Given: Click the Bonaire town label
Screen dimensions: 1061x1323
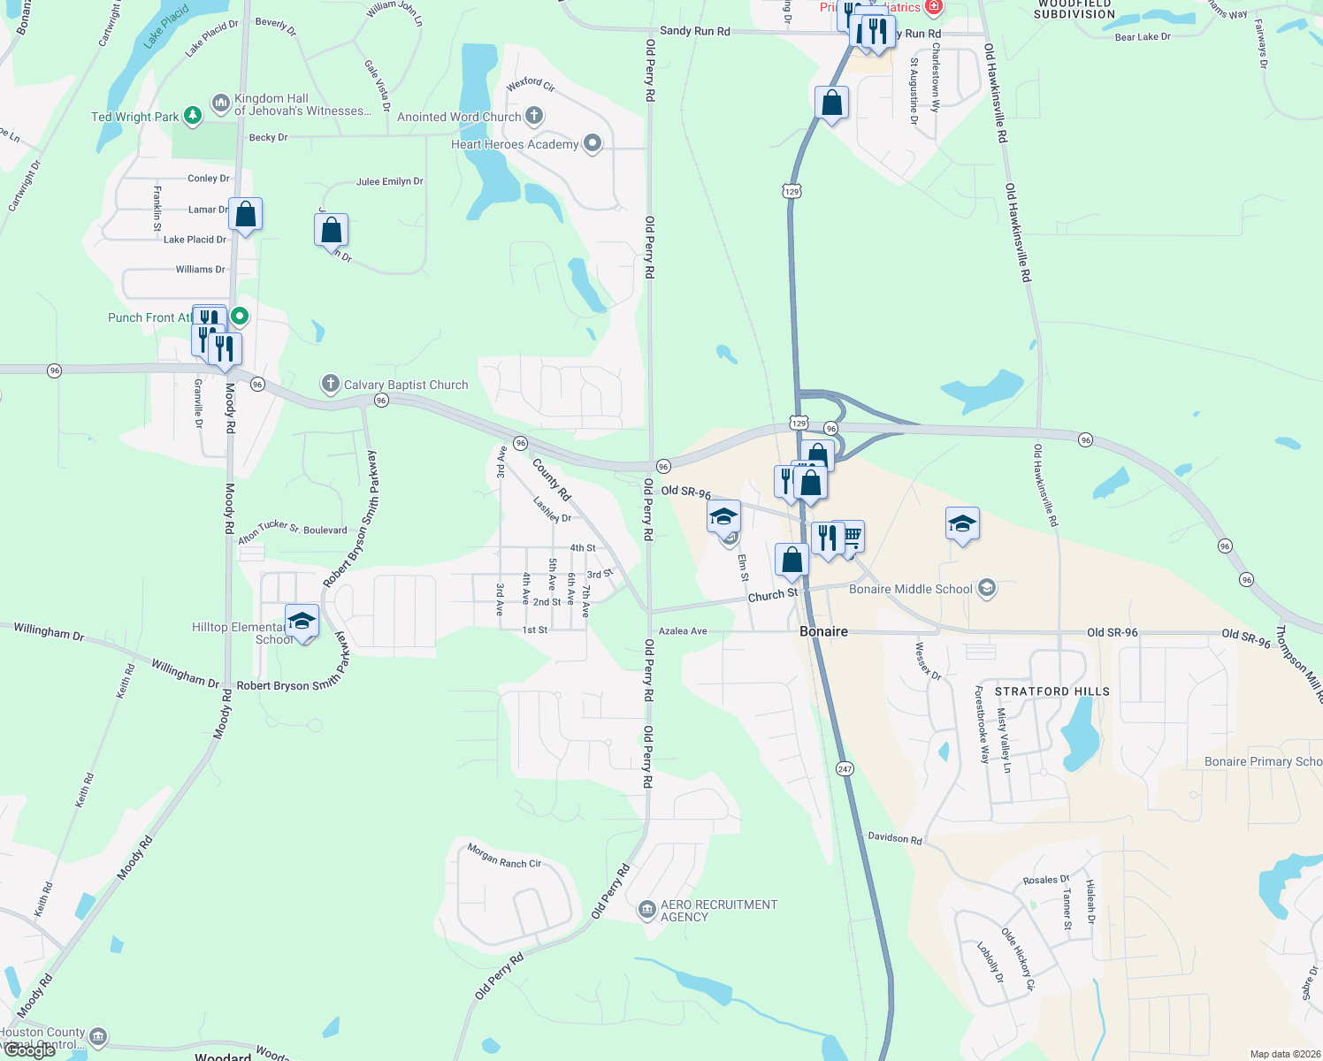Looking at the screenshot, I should click(x=823, y=631).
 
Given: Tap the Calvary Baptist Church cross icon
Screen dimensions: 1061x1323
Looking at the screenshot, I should click(x=330, y=384).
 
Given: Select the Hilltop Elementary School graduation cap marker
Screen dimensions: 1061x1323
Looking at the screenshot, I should click(x=302, y=622).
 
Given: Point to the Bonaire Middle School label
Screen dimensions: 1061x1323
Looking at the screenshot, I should click(x=910, y=589).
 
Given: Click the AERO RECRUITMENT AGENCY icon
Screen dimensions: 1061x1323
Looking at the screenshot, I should click(x=647, y=909).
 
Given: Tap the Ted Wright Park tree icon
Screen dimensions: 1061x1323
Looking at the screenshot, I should click(x=192, y=117).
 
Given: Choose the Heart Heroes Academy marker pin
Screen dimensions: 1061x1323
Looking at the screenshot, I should click(x=593, y=143).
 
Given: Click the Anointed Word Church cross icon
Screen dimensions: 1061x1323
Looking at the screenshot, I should click(x=533, y=116).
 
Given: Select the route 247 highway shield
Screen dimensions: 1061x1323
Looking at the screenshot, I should click(x=845, y=768).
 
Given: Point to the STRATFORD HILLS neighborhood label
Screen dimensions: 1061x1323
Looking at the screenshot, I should click(x=1052, y=691).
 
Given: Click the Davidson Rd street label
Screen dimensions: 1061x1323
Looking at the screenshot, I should click(x=894, y=837).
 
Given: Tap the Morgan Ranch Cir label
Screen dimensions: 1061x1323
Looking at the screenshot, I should click(x=504, y=856).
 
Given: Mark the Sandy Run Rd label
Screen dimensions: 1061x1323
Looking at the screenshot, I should click(x=695, y=31).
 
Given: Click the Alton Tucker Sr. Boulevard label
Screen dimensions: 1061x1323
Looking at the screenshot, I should click(x=293, y=528).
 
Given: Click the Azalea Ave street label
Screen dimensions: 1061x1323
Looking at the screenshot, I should click(x=684, y=631).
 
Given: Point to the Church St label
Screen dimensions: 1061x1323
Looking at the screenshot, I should click(x=773, y=595).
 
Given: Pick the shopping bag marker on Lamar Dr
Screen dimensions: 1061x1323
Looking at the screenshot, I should click(x=246, y=214).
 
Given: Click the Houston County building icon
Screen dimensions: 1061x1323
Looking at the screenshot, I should click(x=98, y=1035).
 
